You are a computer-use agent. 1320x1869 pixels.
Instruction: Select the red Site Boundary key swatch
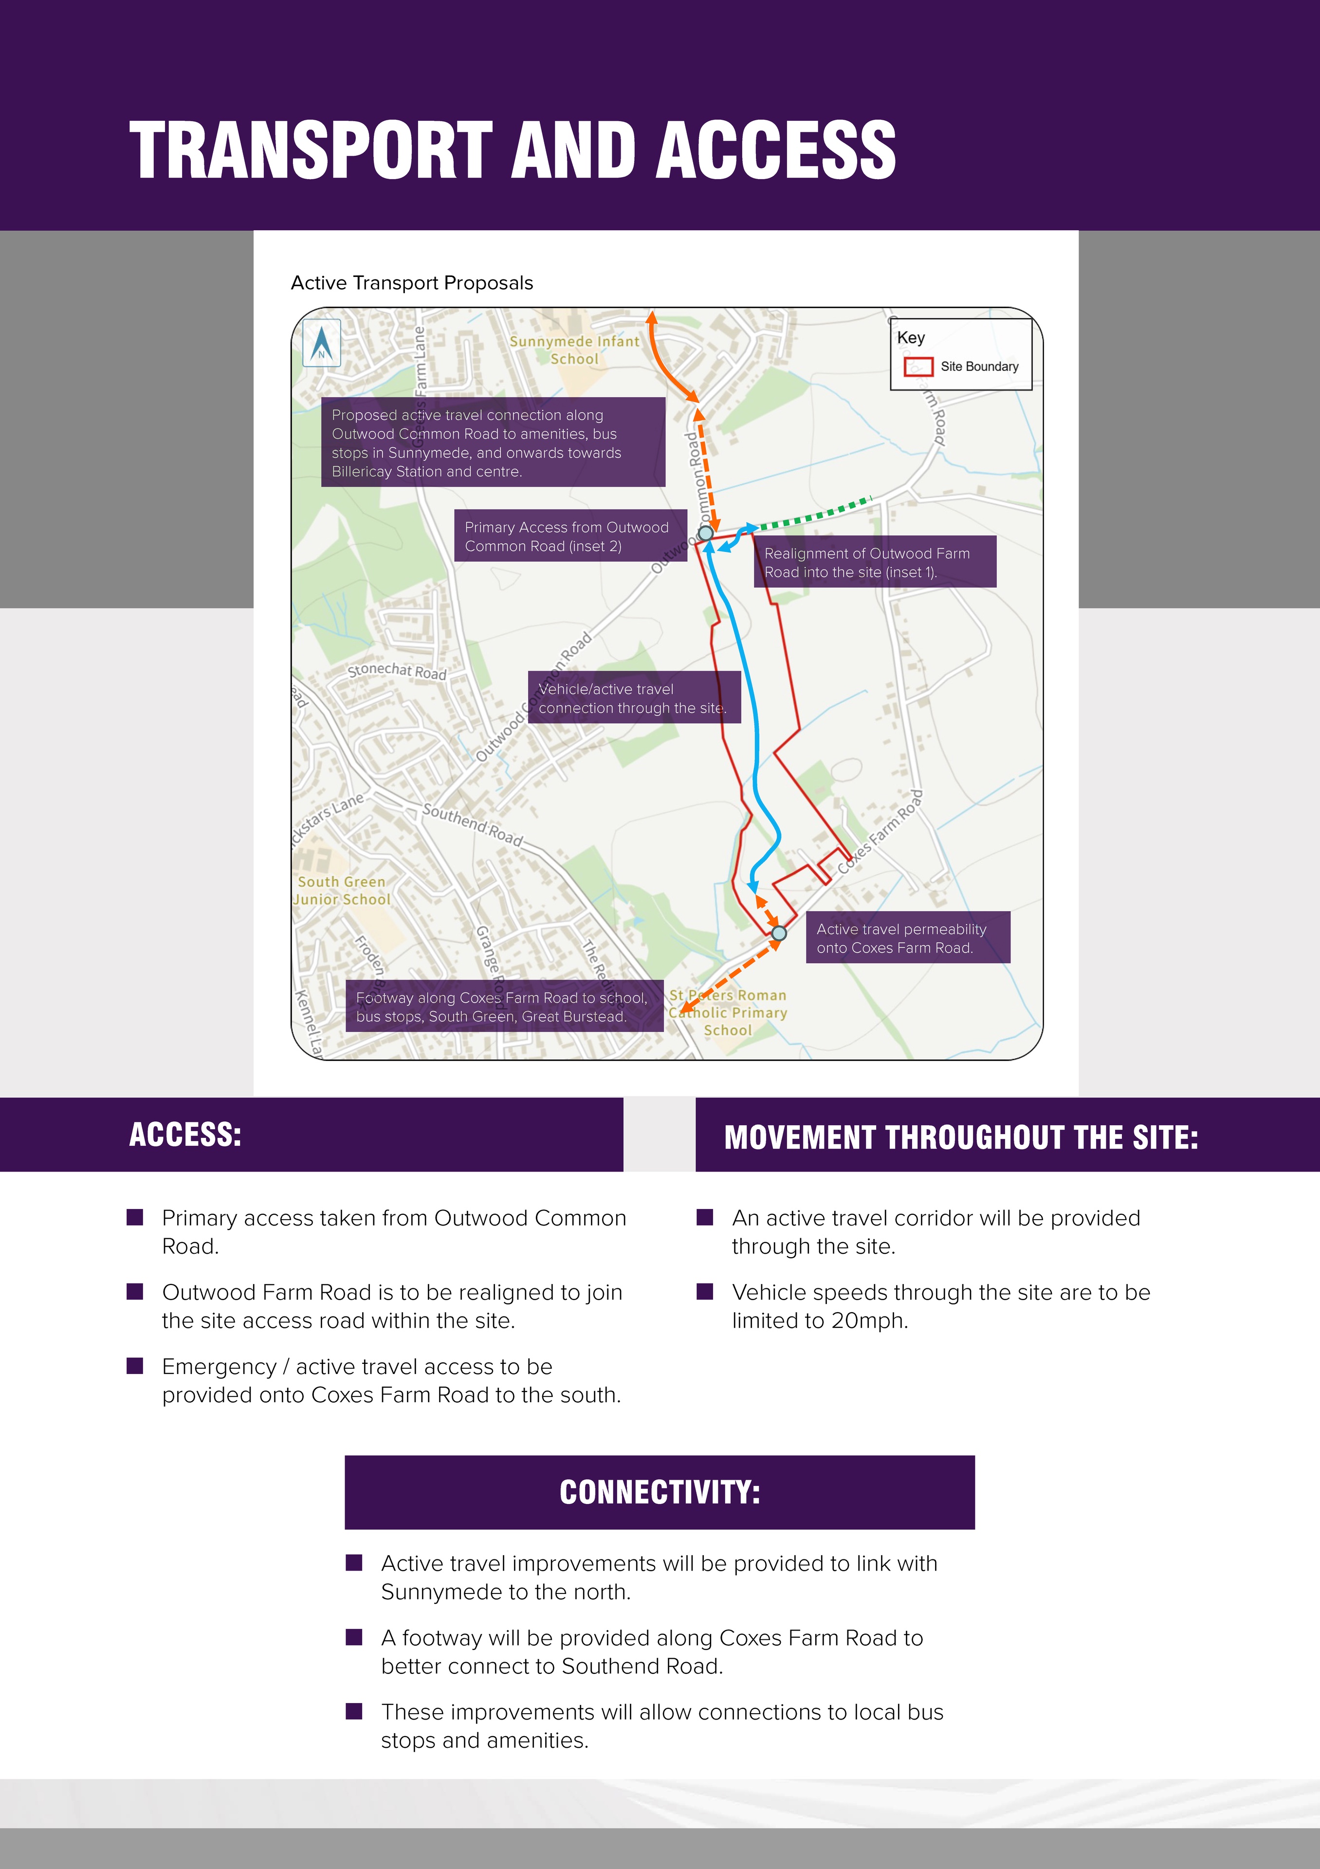(918, 367)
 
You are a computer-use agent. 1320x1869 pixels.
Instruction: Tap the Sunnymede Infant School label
(574, 350)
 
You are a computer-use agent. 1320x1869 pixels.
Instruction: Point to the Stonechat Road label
(397, 671)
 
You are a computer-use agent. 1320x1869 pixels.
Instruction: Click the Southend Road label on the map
(472, 824)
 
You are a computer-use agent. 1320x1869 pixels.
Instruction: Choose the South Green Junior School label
(342, 891)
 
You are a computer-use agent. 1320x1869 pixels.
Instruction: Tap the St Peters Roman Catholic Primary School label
(728, 1013)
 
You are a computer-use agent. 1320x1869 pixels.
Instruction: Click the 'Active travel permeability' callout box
(907, 938)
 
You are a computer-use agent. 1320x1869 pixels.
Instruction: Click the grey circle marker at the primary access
(706, 533)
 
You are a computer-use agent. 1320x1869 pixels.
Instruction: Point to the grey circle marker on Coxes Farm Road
(779, 933)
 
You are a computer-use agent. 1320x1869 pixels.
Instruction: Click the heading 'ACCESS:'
(185, 1135)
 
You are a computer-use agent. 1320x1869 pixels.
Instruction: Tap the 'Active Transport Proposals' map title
(412, 283)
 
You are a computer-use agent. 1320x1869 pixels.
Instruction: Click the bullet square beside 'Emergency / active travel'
(135, 1365)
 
